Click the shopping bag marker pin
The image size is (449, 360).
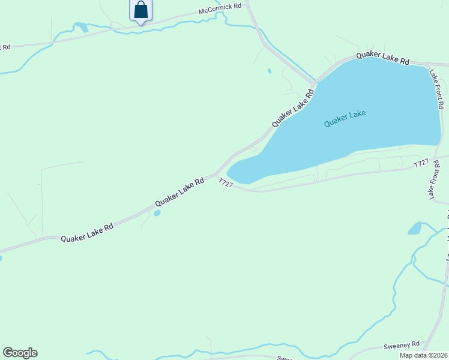click(x=140, y=11)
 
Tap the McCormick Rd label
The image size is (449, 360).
click(x=220, y=9)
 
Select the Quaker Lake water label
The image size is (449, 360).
click(x=345, y=118)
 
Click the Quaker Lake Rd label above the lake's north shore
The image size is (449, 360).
click(x=382, y=58)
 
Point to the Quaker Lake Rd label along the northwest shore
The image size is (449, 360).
click(x=293, y=108)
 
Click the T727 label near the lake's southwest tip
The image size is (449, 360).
click(x=226, y=184)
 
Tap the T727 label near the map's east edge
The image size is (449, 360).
click(x=421, y=164)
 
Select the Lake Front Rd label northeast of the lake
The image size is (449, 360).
click(x=436, y=88)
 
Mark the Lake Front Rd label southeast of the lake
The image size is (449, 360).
click(x=431, y=181)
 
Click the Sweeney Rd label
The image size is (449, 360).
click(x=401, y=346)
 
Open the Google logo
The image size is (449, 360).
click(x=20, y=352)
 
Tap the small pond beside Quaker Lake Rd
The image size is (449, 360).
click(x=157, y=212)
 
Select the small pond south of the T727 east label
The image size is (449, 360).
click(x=415, y=228)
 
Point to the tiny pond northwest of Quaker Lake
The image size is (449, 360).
click(x=269, y=71)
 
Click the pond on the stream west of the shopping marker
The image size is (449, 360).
click(x=80, y=26)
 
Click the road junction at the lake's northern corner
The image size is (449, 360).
click(x=314, y=82)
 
